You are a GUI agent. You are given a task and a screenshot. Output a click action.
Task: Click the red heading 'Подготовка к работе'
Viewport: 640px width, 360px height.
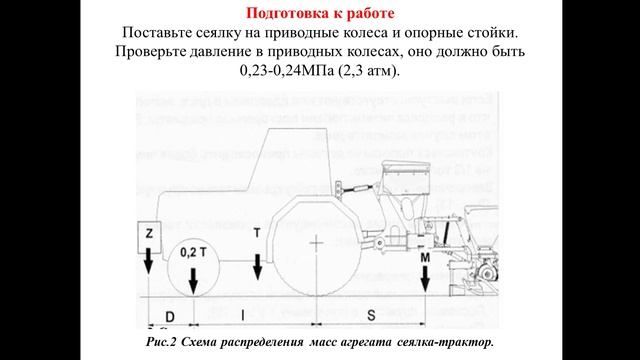click(x=319, y=14)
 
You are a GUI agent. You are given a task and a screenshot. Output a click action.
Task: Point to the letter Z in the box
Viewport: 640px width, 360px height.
click(x=148, y=232)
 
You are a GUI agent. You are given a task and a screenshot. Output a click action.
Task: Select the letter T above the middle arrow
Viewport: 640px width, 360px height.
click(x=258, y=232)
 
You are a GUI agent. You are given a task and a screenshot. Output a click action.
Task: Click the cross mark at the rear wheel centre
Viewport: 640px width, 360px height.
click(x=317, y=243)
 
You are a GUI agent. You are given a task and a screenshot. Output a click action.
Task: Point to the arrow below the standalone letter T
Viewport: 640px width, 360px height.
click(x=258, y=266)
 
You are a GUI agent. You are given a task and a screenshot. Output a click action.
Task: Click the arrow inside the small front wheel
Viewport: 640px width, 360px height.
click(x=193, y=279)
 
